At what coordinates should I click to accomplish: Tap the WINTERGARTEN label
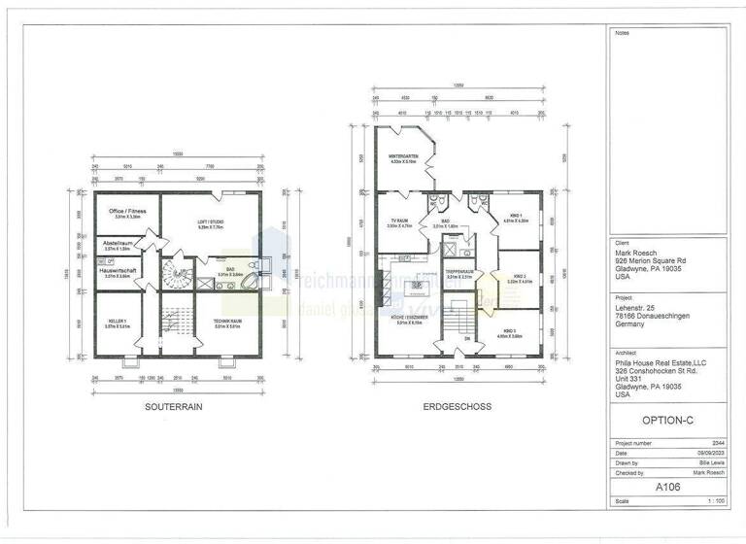403,157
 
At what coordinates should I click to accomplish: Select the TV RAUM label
399,221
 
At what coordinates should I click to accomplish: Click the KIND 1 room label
515,217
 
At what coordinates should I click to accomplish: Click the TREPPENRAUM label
458,273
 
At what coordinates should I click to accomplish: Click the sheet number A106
667,486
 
